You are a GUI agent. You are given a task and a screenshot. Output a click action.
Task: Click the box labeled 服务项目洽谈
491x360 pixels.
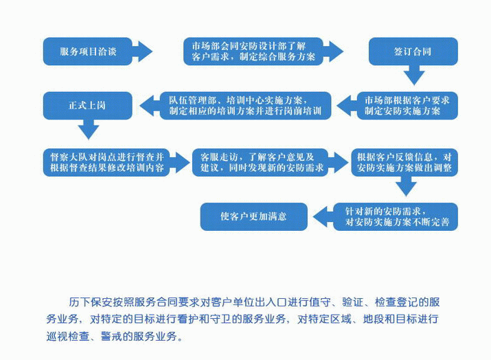pos(87,51)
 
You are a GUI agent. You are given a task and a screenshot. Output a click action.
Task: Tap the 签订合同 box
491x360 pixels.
pos(412,51)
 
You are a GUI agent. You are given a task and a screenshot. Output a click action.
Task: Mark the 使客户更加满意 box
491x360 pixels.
pos(253,216)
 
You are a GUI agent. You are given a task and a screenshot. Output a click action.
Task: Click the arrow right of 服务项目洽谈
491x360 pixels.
pos(142,51)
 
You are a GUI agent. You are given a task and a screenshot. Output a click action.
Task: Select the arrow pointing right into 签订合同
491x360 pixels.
pos(334,51)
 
